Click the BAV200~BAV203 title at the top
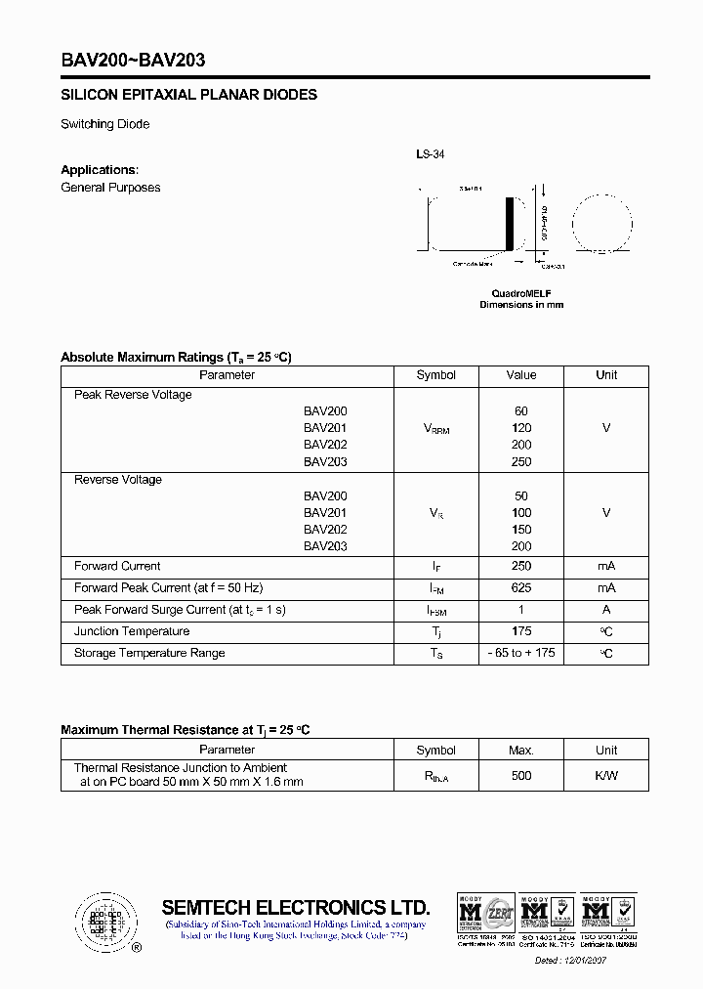(x=133, y=60)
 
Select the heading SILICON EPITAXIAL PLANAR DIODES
(x=188, y=96)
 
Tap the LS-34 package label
(x=430, y=154)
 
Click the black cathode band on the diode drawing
(x=508, y=224)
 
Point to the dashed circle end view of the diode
(x=602, y=224)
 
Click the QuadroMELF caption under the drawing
(x=520, y=293)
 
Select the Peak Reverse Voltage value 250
(x=521, y=462)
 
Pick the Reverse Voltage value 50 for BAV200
(x=521, y=496)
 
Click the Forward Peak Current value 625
(x=521, y=588)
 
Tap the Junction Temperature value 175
(x=521, y=631)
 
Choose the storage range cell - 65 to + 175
(x=521, y=653)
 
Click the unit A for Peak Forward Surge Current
(x=606, y=610)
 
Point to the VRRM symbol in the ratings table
(x=435, y=429)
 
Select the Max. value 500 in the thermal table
(x=521, y=776)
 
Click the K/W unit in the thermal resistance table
(x=606, y=776)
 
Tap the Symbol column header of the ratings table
(x=435, y=375)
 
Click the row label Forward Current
(x=117, y=567)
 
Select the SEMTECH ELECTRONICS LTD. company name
(x=295, y=907)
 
